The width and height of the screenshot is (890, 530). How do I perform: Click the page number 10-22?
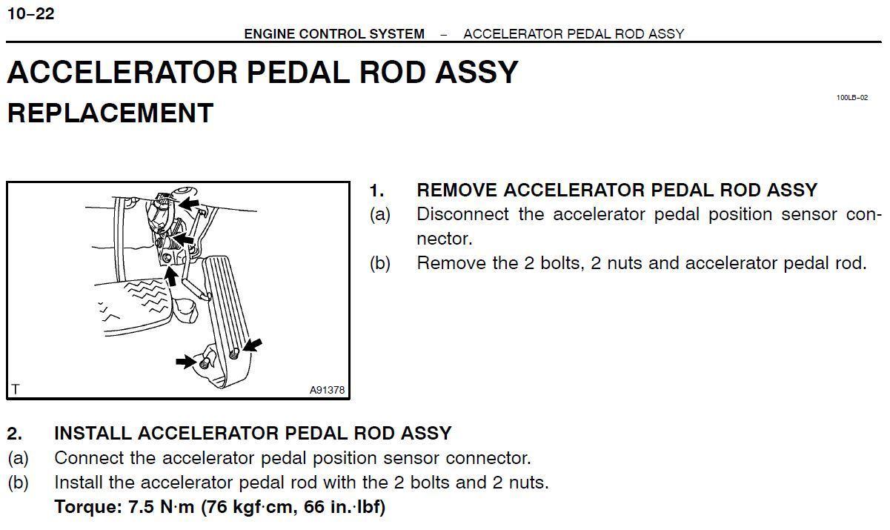(30, 14)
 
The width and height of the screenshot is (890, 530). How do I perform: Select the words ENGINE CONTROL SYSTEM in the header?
(334, 34)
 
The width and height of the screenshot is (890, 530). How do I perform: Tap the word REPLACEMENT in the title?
(110, 113)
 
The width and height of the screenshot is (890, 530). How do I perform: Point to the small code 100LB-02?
(851, 98)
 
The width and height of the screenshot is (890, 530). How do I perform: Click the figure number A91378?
(327, 390)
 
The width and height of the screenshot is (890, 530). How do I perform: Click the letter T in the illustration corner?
(16, 389)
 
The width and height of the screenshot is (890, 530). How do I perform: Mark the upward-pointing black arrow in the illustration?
(171, 276)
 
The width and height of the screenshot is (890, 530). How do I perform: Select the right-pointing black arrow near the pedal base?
(185, 362)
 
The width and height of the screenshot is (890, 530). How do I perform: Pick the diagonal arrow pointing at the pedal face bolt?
(252, 345)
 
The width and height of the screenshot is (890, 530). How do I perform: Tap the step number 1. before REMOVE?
(377, 190)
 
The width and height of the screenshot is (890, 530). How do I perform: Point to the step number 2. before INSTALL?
(15, 433)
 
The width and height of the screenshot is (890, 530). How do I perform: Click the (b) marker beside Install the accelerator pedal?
(18, 483)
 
